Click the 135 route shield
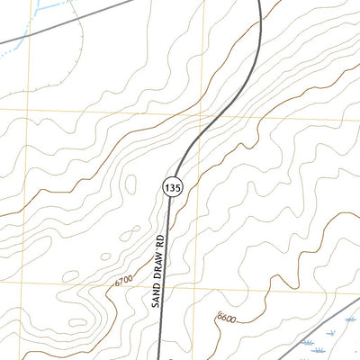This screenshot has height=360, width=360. pos(174,186)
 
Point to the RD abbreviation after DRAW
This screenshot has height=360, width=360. pos(162,237)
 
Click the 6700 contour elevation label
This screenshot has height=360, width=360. pos(123,282)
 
